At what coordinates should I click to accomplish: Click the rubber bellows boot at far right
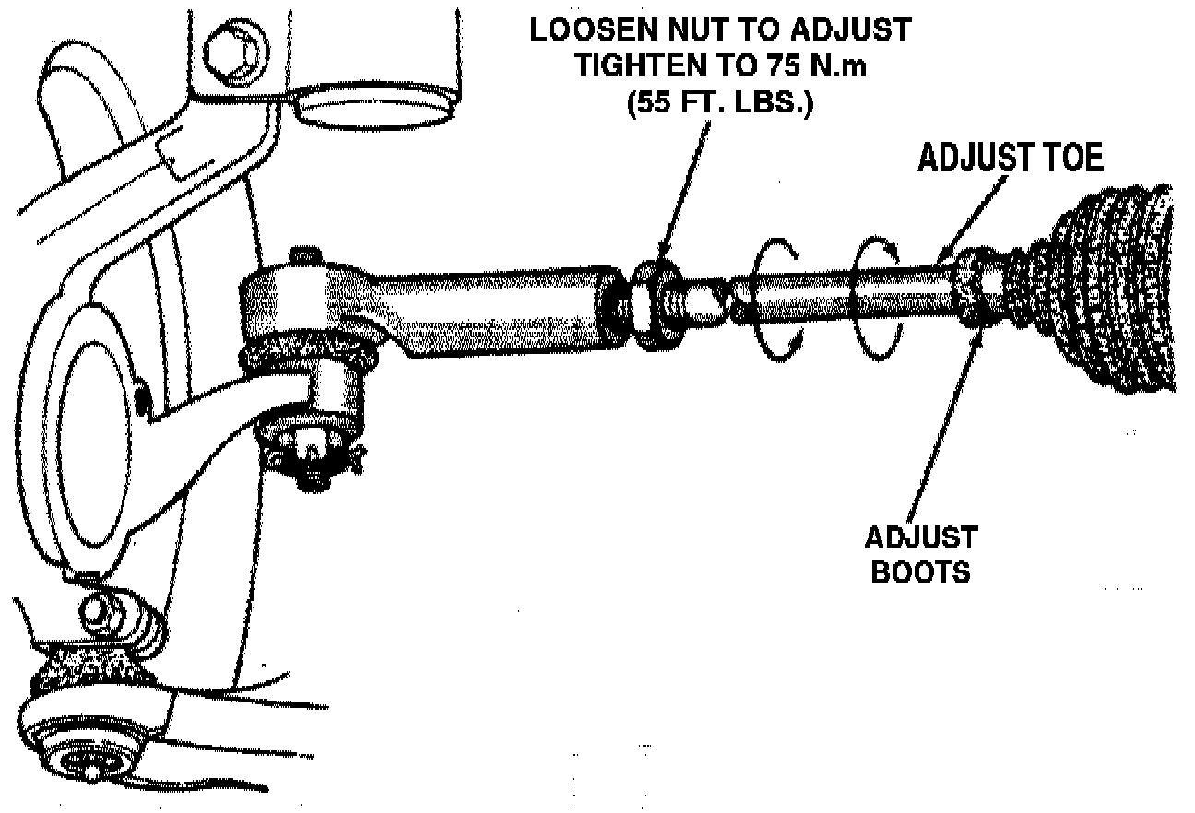(x=1106, y=290)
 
